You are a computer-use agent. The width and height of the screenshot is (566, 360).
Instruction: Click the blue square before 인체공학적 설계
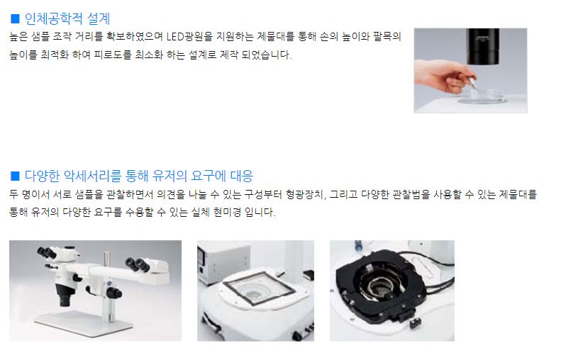click(15, 18)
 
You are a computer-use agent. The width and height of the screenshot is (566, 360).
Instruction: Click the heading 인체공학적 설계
click(67, 18)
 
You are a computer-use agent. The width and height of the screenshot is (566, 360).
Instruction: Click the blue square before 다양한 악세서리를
click(15, 176)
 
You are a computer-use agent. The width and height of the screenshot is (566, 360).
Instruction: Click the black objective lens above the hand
click(482, 47)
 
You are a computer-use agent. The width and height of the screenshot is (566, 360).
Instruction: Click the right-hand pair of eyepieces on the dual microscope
click(138, 264)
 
